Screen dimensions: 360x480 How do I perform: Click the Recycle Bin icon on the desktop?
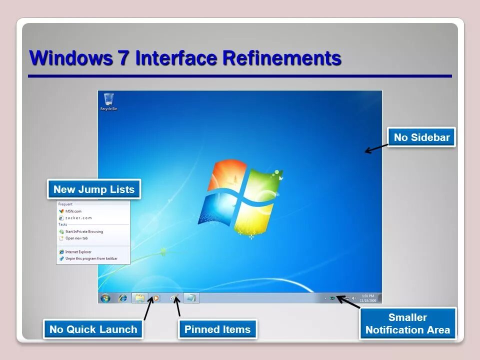tap(108, 100)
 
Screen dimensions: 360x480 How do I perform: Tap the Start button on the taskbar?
tap(105, 298)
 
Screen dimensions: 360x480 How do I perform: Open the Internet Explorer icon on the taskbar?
tap(122, 298)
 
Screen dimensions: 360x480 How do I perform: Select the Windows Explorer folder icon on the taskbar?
tap(139, 298)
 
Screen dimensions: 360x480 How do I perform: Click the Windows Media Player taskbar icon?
tap(155, 298)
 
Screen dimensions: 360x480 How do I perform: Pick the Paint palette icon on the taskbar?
tap(174, 298)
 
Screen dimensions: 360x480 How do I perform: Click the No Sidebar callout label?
tap(421, 137)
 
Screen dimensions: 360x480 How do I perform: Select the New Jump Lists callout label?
tap(94, 189)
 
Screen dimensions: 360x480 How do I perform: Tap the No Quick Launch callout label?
tap(93, 329)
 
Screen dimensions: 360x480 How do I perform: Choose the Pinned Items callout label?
tap(217, 329)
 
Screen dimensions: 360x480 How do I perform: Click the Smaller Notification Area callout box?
tap(407, 323)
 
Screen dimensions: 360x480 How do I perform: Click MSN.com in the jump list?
tap(73, 211)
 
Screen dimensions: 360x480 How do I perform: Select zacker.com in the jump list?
tap(78, 218)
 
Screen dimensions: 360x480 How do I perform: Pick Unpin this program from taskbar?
tap(91, 258)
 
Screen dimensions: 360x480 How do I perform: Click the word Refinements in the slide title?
tap(281, 58)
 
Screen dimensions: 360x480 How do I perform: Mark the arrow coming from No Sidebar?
tap(376, 148)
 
